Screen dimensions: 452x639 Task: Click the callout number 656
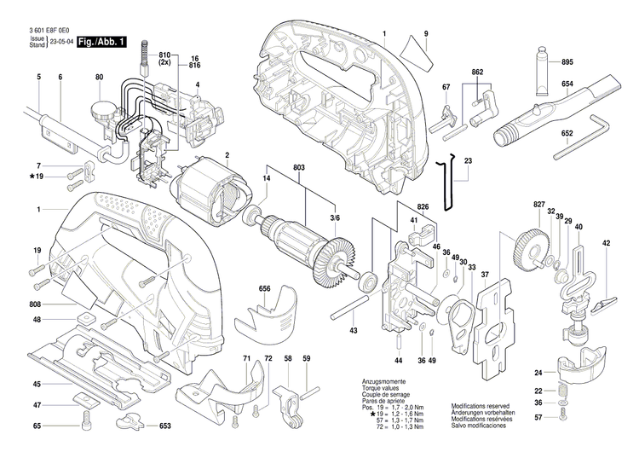(x=265, y=289)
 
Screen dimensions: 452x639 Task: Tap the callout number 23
(x=468, y=161)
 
